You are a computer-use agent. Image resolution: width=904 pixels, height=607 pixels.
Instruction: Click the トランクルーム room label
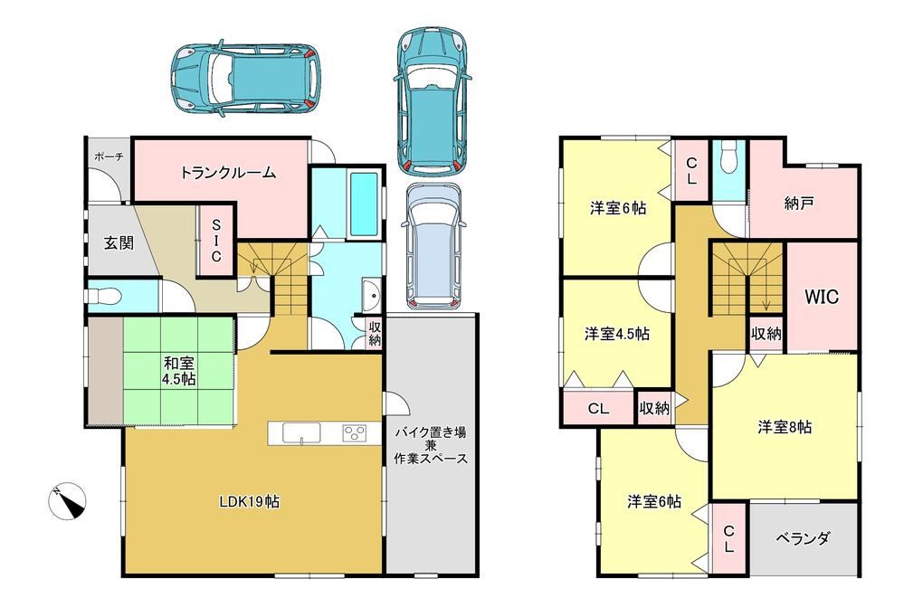[x=229, y=173]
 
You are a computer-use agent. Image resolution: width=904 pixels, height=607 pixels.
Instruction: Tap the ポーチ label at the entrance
[x=109, y=156]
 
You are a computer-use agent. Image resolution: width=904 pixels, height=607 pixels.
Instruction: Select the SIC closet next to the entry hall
[x=216, y=241]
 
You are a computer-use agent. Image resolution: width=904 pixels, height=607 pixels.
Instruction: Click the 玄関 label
[x=119, y=242]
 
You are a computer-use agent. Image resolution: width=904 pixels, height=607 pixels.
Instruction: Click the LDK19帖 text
[x=249, y=502]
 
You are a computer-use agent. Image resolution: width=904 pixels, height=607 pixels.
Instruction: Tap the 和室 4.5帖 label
[x=179, y=371]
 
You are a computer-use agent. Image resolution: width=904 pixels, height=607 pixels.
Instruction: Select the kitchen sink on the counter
[x=301, y=433]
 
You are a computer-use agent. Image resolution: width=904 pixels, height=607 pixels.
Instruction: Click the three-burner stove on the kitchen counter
[x=354, y=433]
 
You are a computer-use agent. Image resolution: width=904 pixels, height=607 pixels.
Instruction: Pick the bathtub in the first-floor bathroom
[x=364, y=204]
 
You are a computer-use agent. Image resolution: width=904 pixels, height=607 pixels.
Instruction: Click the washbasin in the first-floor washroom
[x=371, y=296]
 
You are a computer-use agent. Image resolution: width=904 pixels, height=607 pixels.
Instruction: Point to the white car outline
[x=433, y=246]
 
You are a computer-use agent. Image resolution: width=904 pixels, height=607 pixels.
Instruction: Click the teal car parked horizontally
[x=245, y=78]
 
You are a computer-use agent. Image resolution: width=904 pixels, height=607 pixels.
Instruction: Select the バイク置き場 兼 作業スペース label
[x=430, y=445]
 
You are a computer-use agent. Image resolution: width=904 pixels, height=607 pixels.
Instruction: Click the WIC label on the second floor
[x=822, y=297]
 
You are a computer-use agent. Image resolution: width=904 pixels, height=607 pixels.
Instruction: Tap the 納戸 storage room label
[x=799, y=203]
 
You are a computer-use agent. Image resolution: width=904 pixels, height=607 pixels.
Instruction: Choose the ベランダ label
[x=804, y=538]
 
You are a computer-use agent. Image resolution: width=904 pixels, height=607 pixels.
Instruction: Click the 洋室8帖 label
[x=785, y=427]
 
